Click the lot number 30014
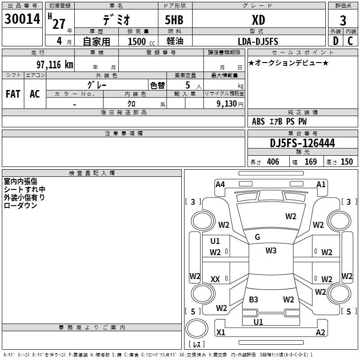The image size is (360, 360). coord(22,19)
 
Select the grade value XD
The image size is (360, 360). coord(258,20)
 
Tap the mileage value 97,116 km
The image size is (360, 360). coord(55,64)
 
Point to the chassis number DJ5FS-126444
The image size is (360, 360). coord(302,143)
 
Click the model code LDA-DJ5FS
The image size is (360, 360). coord(258,41)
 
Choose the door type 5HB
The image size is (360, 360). coord(174,20)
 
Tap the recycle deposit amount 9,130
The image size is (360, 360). coord(227,104)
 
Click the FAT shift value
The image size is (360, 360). coord(13,94)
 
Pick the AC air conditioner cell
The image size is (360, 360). coord(35,94)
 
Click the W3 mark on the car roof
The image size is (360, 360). coord(271,251)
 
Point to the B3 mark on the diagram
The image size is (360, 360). coord(253,300)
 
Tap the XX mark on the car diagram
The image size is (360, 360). coord(215,279)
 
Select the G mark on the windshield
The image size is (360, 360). coord(257,237)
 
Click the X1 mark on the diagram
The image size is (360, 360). coord(220,332)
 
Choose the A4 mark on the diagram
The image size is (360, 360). coord(220,184)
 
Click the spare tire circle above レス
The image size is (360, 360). coord(197,328)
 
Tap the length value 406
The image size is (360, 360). coord(273,162)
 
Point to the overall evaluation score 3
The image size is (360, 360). coord(343,21)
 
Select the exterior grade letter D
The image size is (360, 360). coord(336,41)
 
